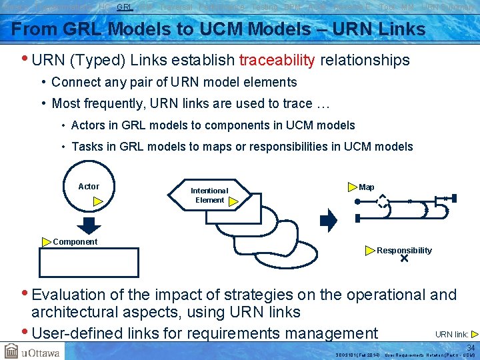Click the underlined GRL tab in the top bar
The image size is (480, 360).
coord(125,7)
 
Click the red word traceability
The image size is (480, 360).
coord(277,61)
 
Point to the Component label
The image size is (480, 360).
coord(75,242)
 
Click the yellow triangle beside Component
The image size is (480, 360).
coord(46,242)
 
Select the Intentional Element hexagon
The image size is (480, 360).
coord(209,195)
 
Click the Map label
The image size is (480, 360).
coord(367,187)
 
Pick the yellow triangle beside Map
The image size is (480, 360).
coord(353,187)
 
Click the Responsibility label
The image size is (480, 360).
coord(404,251)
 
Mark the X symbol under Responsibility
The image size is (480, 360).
coord(404,259)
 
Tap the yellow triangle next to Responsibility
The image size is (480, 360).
coord(370,251)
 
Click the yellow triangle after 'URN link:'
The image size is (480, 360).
coord(474,334)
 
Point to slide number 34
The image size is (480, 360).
coord(471,348)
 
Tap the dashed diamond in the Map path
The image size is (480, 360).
coord(383,200)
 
